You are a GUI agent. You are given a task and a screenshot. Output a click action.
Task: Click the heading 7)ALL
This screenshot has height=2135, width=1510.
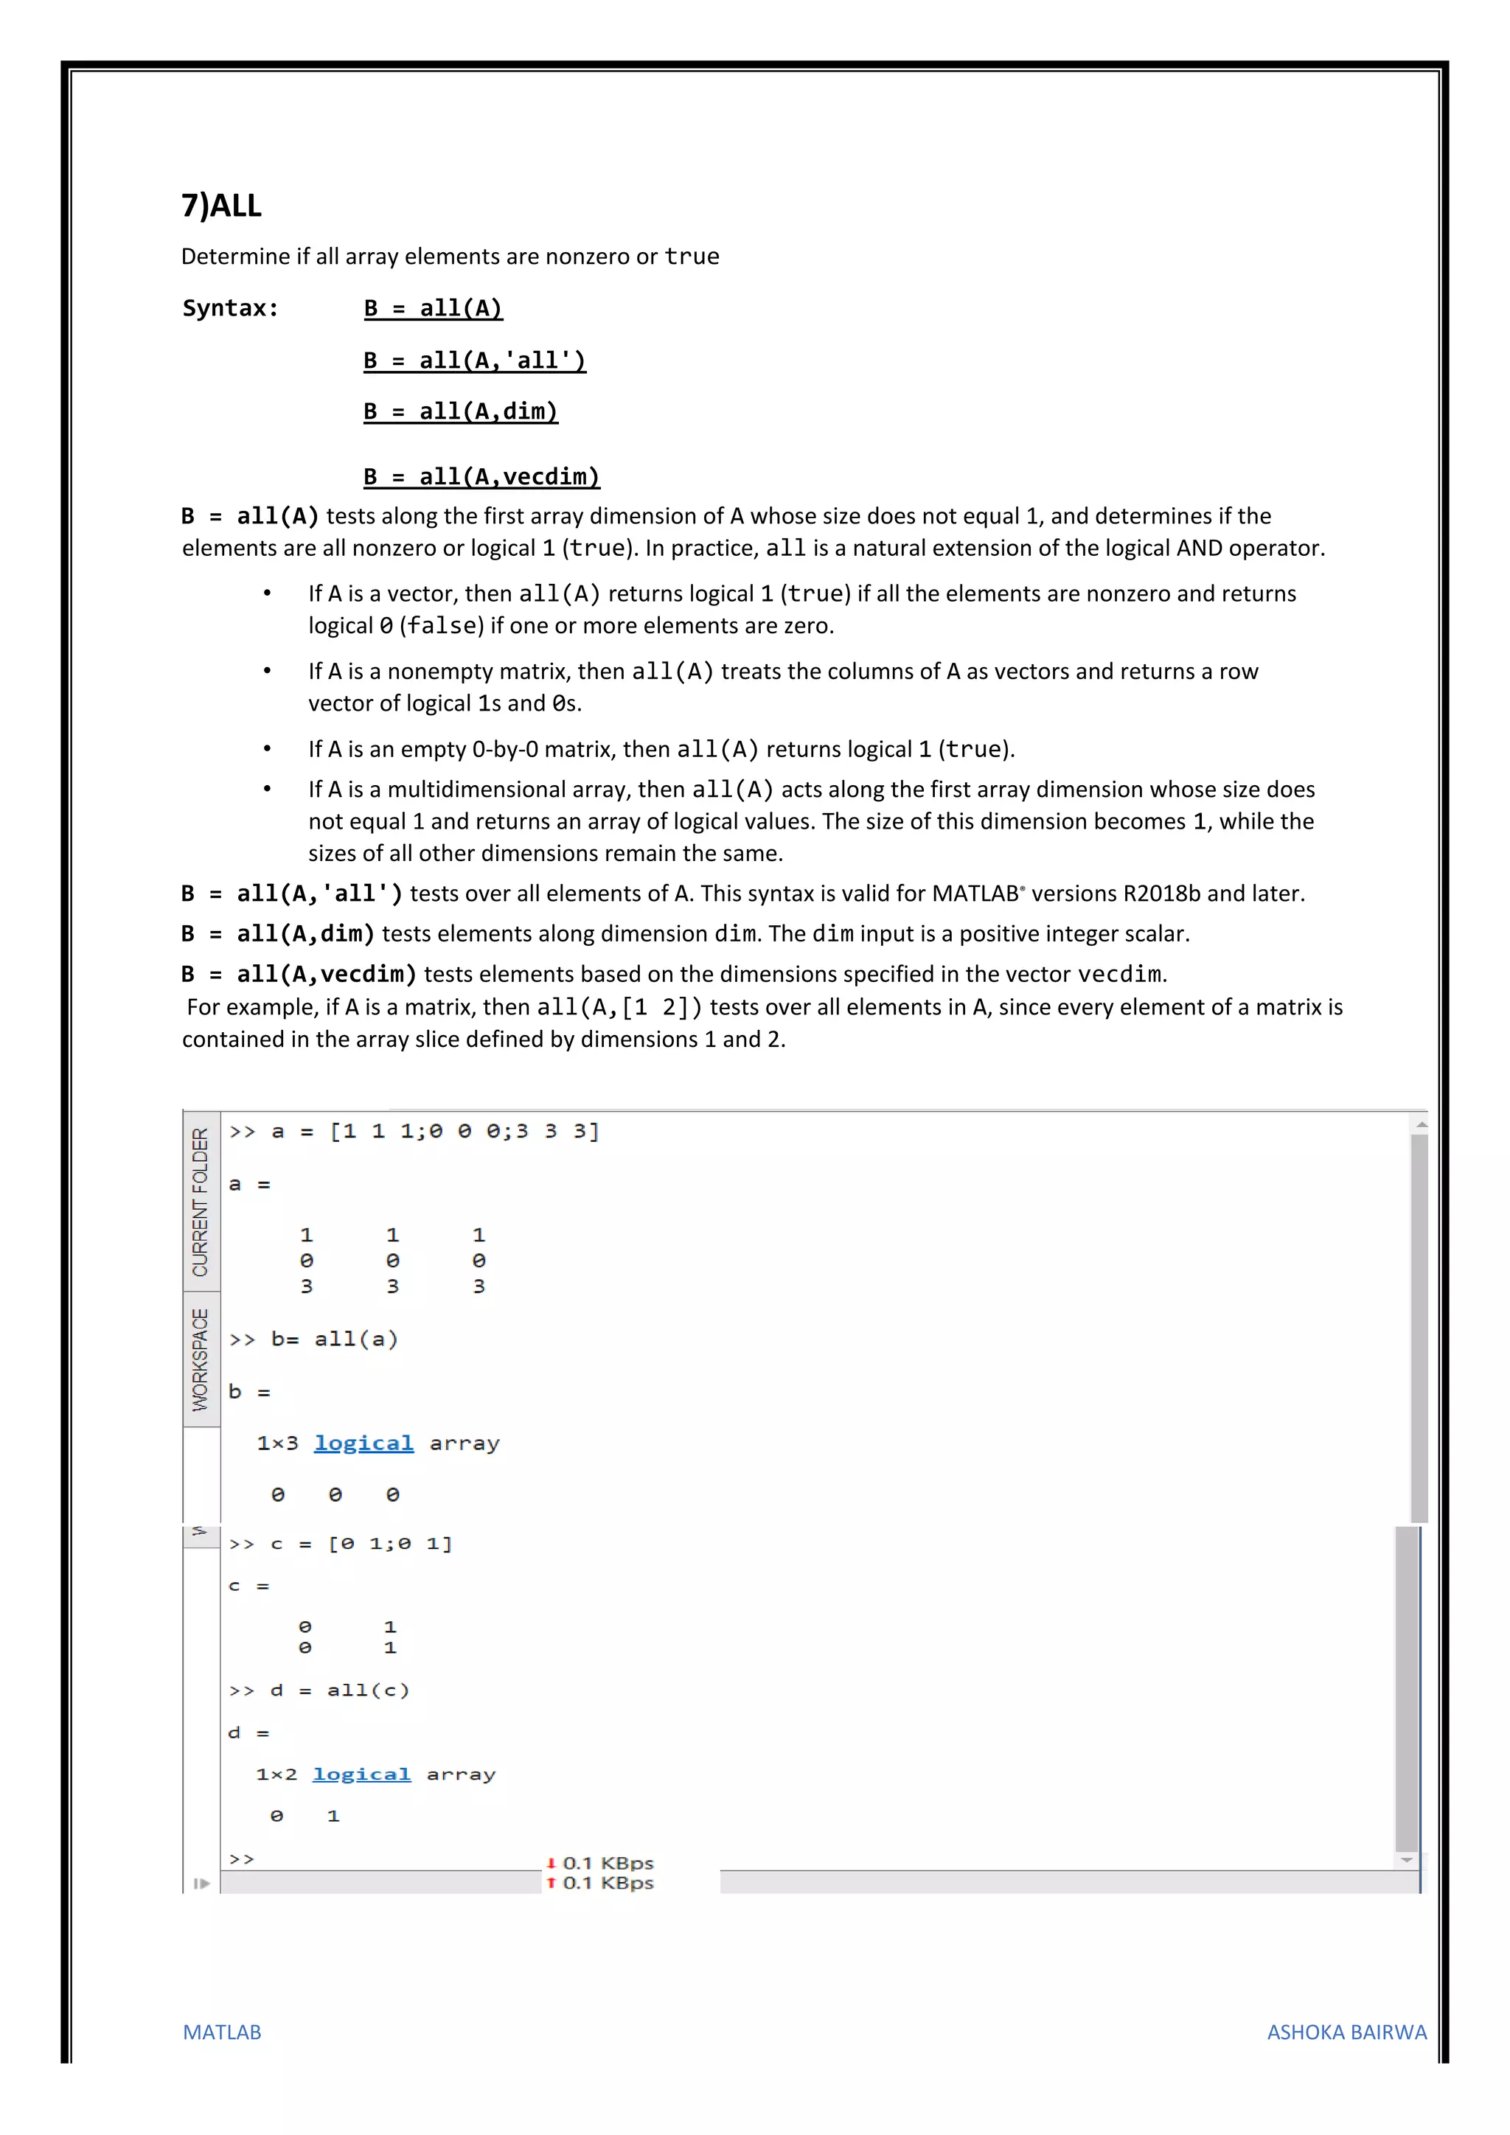[x=221, y=206]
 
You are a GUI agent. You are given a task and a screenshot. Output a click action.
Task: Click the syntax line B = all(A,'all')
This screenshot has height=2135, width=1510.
[x=474, y=361]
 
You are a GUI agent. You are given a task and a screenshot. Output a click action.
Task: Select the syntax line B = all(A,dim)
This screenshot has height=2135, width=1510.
[x=460, y=412]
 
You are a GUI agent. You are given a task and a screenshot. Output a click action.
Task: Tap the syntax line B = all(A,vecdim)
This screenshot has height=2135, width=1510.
[x=481, y=477]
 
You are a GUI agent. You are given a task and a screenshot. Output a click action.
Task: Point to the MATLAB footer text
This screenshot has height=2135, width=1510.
[x=221, y=2032]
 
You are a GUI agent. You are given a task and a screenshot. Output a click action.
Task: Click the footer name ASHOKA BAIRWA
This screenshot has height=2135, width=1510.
[x=1346, y=2032]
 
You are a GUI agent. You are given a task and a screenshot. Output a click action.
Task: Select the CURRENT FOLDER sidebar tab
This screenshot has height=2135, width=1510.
[x=201, y=1202]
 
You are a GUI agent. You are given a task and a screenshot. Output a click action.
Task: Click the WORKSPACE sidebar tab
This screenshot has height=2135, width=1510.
[x=201, y=1359]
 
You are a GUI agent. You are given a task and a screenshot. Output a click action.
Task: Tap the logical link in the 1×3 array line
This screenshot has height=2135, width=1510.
[x=363, y=1443]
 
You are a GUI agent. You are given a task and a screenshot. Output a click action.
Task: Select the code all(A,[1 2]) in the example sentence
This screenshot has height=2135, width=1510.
[x=619, y=1007]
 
